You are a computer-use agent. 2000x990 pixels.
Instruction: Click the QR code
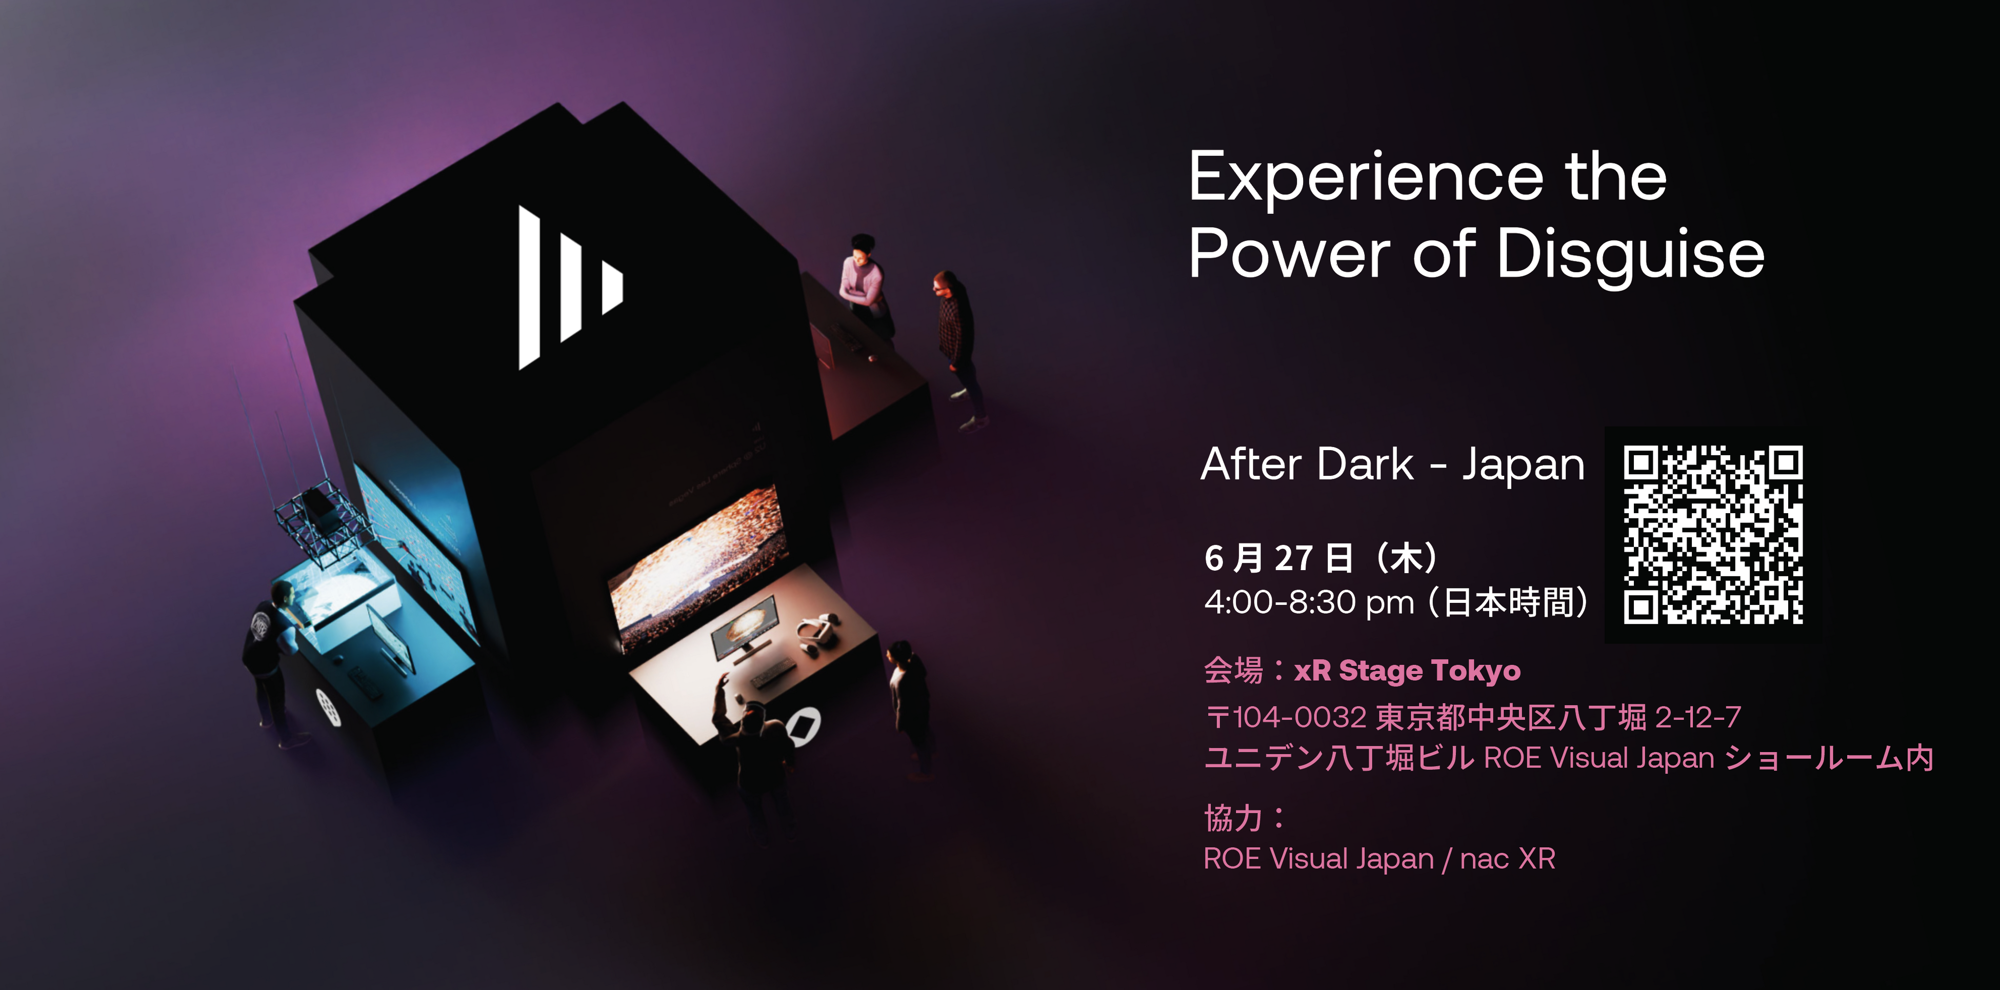tap(1713, 534)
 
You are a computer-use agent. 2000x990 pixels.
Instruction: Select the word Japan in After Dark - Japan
tap(1523, 464)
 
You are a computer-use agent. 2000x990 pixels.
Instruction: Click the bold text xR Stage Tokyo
tap(1407, 670)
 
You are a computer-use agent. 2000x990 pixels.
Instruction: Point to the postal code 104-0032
tap(1299, 717)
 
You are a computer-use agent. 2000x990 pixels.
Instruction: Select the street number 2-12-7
tap(1698, 717)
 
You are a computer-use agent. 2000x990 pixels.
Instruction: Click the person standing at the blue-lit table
tap(272, 652)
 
